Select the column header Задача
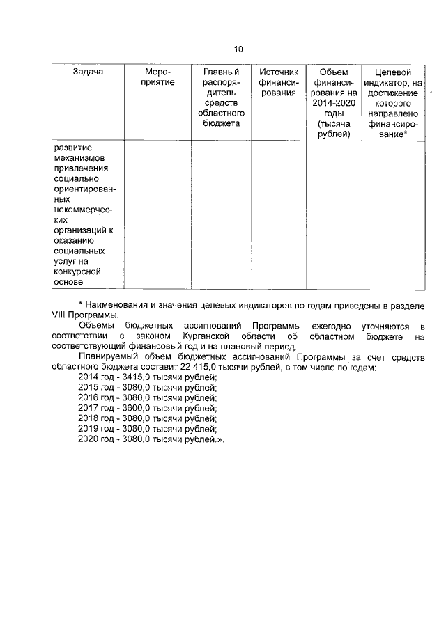point(88,72)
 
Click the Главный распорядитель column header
point(221,97)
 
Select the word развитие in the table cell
point(73,148)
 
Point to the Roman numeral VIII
point(61,315)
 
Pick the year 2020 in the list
point(89,440)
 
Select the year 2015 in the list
point(89,388)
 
